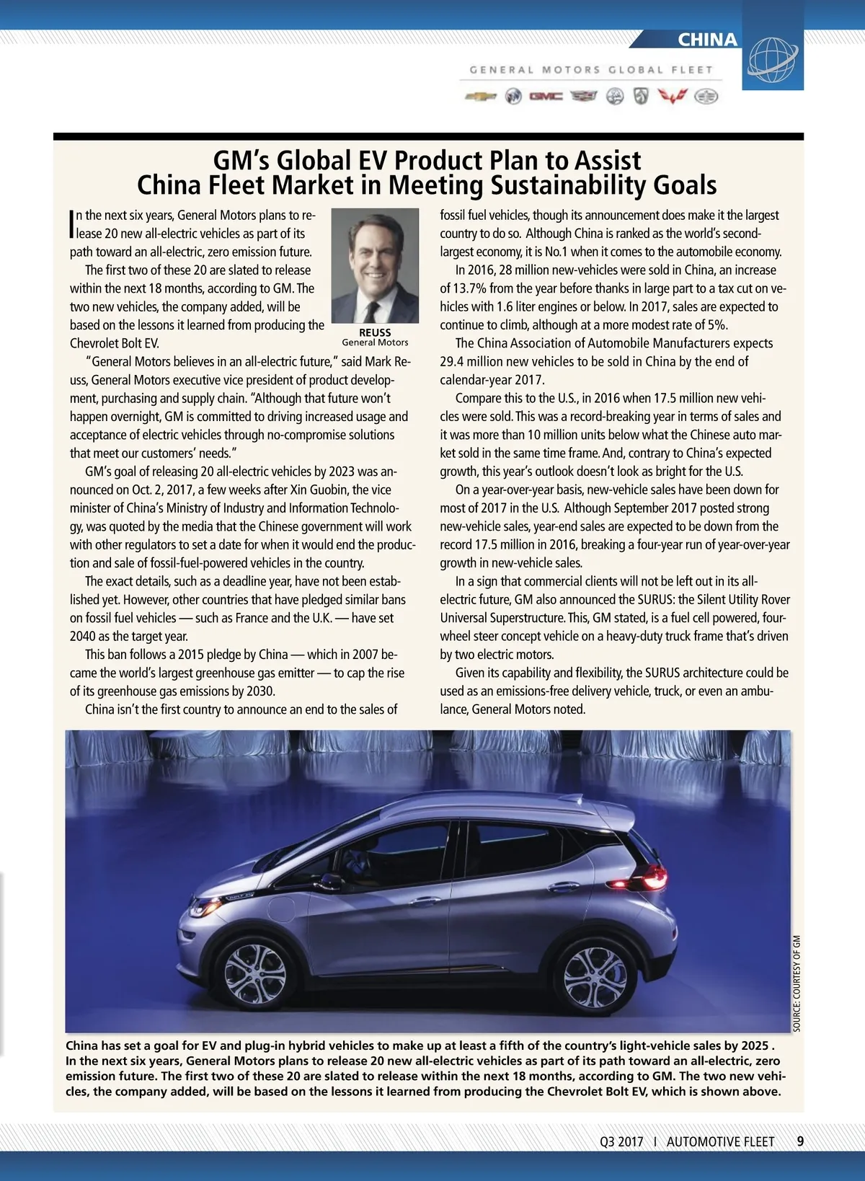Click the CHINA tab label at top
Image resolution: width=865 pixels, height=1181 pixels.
click(707, 40)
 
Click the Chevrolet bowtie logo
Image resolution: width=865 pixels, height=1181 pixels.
click(480, 97)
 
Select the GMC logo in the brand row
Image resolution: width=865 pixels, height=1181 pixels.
click(546, 97)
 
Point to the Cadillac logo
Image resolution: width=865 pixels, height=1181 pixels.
click(584, 97)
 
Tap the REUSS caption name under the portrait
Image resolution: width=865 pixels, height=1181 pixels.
click(375, 332)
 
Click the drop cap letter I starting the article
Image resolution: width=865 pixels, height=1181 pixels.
click(72, 224)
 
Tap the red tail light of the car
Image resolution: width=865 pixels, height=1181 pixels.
click(653, 877)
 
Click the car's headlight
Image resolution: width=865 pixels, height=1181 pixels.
click(204, 908)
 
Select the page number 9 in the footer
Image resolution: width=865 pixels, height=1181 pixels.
click(800, 1141)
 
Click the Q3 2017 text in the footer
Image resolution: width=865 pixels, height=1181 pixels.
click(621, 1142)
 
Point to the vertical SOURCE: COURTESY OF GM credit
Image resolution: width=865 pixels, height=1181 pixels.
click(797, 983)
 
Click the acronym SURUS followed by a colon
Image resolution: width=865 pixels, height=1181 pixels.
click(657, 599)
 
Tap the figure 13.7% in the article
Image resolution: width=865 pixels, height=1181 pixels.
click(469, 288)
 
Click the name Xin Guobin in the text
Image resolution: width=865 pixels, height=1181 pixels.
click(320, 490)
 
